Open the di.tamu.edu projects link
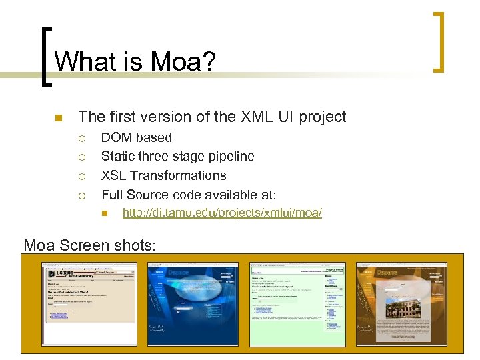point(222,213)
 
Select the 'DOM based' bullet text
point(136,137)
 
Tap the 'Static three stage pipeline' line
point(177,156)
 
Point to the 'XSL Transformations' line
point(163,175)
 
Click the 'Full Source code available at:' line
point(188,195)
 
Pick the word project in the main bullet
point(322,117)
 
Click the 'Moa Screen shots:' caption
point(89,245)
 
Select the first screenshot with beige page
point(89,303)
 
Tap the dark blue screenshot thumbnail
point(193,303)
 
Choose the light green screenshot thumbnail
point(297,303)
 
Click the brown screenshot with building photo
point(401,303)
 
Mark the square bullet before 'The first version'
point(58,118)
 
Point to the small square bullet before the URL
point(105,213)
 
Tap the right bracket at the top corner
point(439,41)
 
